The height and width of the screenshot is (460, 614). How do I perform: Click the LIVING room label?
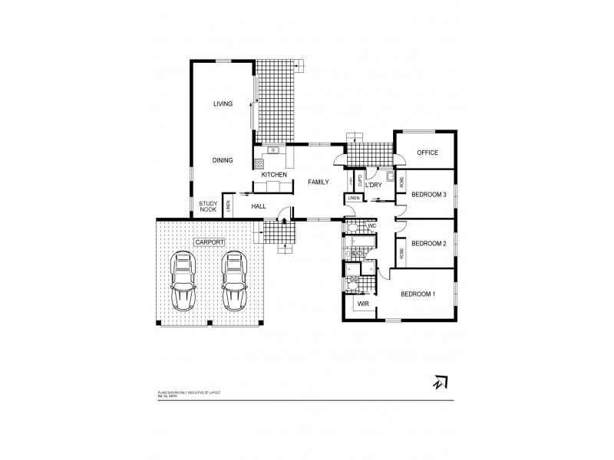(x=223, y=103)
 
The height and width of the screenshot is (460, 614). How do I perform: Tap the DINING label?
(x=223, y=160)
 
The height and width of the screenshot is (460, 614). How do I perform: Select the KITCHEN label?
(x=274, y=176)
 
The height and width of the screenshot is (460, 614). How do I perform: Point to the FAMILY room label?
(x=319, y=182)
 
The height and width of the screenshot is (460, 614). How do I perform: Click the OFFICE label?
(x=427, y=153)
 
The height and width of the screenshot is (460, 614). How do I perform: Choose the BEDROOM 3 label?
(x=428, y=195)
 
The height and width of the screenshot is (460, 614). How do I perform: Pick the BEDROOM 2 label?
(x=428, y=244)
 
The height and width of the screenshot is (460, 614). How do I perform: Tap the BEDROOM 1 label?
(x=418, y=294)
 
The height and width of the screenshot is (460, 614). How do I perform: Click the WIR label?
(x=363, y=304)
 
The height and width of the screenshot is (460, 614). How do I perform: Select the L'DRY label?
(x=374, y=185)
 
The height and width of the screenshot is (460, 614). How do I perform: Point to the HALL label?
(x=259, y=207)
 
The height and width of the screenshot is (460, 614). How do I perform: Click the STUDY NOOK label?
(x=208, y=207)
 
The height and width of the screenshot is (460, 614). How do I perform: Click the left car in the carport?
(x=185, y=281)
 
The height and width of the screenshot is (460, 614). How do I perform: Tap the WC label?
(x=371, y=227)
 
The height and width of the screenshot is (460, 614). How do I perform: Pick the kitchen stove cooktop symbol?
(x=259, y=163)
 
